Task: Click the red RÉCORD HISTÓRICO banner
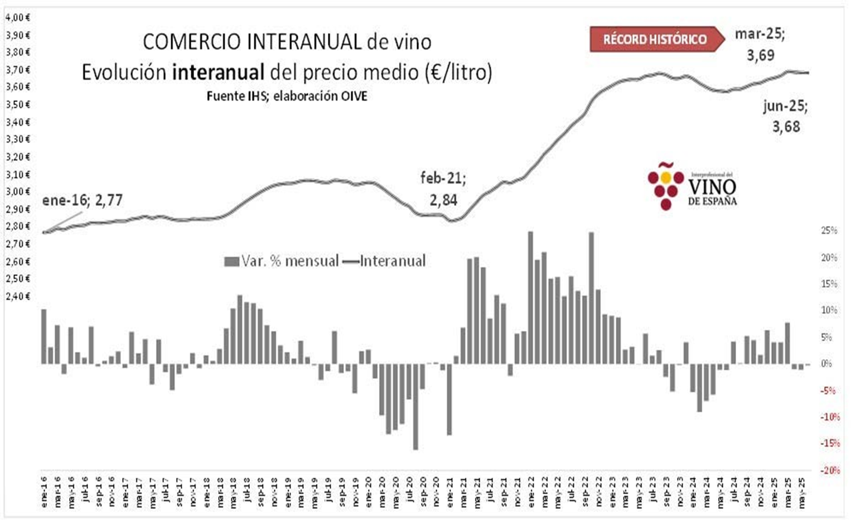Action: (655, 40)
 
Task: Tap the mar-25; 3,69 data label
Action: (760, 44)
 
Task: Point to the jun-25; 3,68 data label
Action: (786, 116)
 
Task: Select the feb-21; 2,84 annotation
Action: (443, 189)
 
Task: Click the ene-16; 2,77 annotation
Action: (83, 200)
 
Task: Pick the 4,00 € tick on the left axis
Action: (17, 17)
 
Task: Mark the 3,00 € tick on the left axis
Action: (17, 191)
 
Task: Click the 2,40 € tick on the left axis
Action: (17, 296)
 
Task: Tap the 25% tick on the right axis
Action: (829, 230)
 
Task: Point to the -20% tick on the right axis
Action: (829, 470)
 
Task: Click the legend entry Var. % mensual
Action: (282, 261)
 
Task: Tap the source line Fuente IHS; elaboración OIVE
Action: (287, 96)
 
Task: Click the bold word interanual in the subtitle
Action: (218, 73)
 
